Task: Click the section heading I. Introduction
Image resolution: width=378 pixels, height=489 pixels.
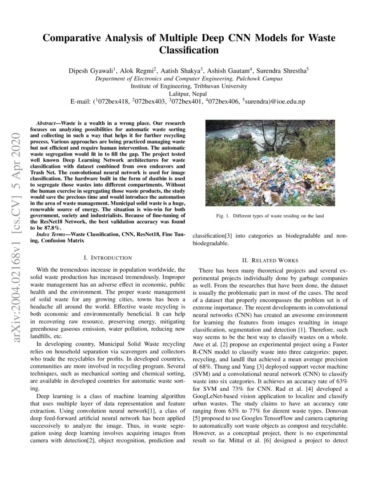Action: pos(108,257)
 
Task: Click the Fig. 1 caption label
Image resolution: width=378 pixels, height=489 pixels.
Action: pos(224,216)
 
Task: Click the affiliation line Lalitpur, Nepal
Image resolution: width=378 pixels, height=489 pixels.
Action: pos(189,94)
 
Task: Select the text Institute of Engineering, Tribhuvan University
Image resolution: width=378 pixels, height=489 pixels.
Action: pos(189,86)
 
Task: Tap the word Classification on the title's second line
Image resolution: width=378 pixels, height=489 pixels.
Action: pos(189,50)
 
